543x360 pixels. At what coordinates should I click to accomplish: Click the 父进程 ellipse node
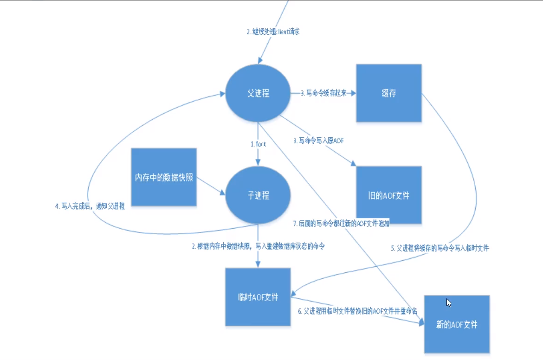coord(258,93)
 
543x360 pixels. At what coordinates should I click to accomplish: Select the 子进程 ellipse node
coord(258,195)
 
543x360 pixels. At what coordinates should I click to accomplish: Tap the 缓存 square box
coord(388,93)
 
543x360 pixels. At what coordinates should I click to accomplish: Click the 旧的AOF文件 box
coord(388,195)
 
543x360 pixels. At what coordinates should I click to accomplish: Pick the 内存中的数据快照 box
coord(164,178)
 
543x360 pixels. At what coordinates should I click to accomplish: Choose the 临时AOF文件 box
coord(258,297)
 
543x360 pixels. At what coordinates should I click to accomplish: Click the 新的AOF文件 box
coord(457,324)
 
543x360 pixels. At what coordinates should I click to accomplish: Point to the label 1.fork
coord(258,144)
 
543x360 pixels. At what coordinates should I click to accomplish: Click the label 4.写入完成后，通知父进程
coord(90,206)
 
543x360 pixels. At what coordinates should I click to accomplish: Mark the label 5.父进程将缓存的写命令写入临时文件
coord(440,248)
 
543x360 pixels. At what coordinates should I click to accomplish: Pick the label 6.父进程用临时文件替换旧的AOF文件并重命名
coord(357,310)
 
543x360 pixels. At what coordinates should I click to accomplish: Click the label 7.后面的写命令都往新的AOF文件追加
coord(341,223)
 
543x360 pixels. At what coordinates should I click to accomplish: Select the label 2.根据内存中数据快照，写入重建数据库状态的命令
coord(259,247)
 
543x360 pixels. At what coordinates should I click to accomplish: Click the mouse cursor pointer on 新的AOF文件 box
coord(448,302)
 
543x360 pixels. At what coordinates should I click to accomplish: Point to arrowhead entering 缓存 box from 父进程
coord(353,93)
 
